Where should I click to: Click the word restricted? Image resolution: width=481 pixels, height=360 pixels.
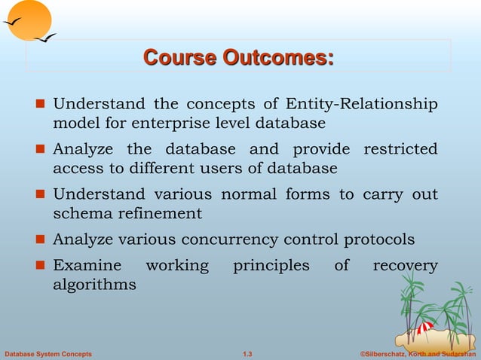pos(400,149)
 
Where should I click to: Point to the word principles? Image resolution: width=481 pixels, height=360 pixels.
pos(271,266)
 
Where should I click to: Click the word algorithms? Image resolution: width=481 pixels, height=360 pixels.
pos(94,285)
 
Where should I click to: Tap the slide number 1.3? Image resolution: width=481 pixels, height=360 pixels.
pos(247,353)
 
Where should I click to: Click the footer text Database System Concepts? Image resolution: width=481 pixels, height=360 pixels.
pos(48,353)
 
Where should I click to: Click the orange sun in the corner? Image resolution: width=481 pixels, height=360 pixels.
pos(28,19)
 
